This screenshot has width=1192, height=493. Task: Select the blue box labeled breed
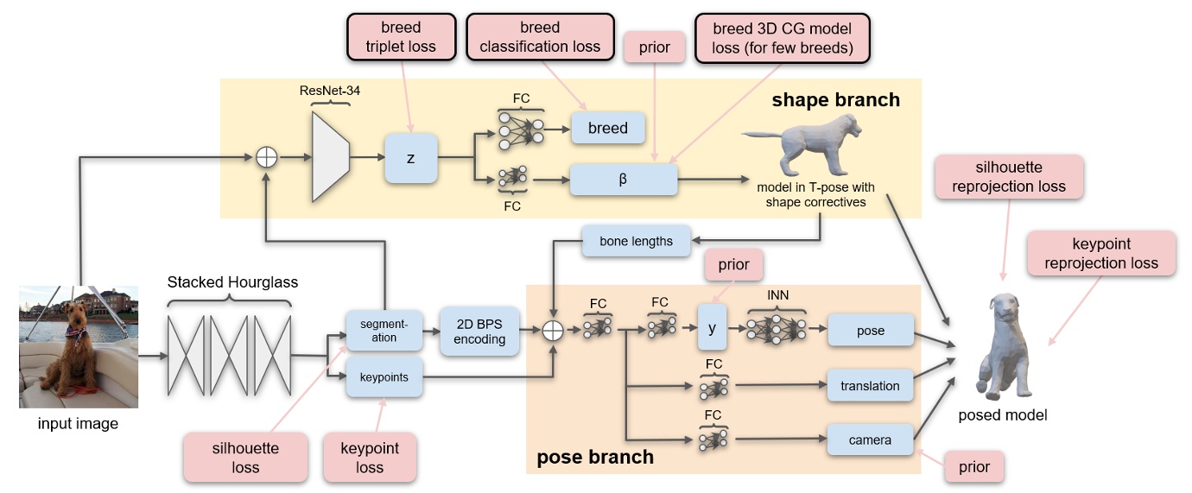point(607,128)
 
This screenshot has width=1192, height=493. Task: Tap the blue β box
point(622,180)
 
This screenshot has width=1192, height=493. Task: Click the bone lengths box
point(636,241)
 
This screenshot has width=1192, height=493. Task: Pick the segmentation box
point(384,331)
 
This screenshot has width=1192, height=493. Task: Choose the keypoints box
point(384,377)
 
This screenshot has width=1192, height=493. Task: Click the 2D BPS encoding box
point(479,331)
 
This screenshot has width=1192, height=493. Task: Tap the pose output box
point(870,331)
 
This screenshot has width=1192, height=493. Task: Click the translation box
point(870,386)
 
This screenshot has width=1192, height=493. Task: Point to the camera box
point(870,439)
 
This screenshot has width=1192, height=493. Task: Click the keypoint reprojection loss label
point(1100,253)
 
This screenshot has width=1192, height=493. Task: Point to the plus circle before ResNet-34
point(268,157)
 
